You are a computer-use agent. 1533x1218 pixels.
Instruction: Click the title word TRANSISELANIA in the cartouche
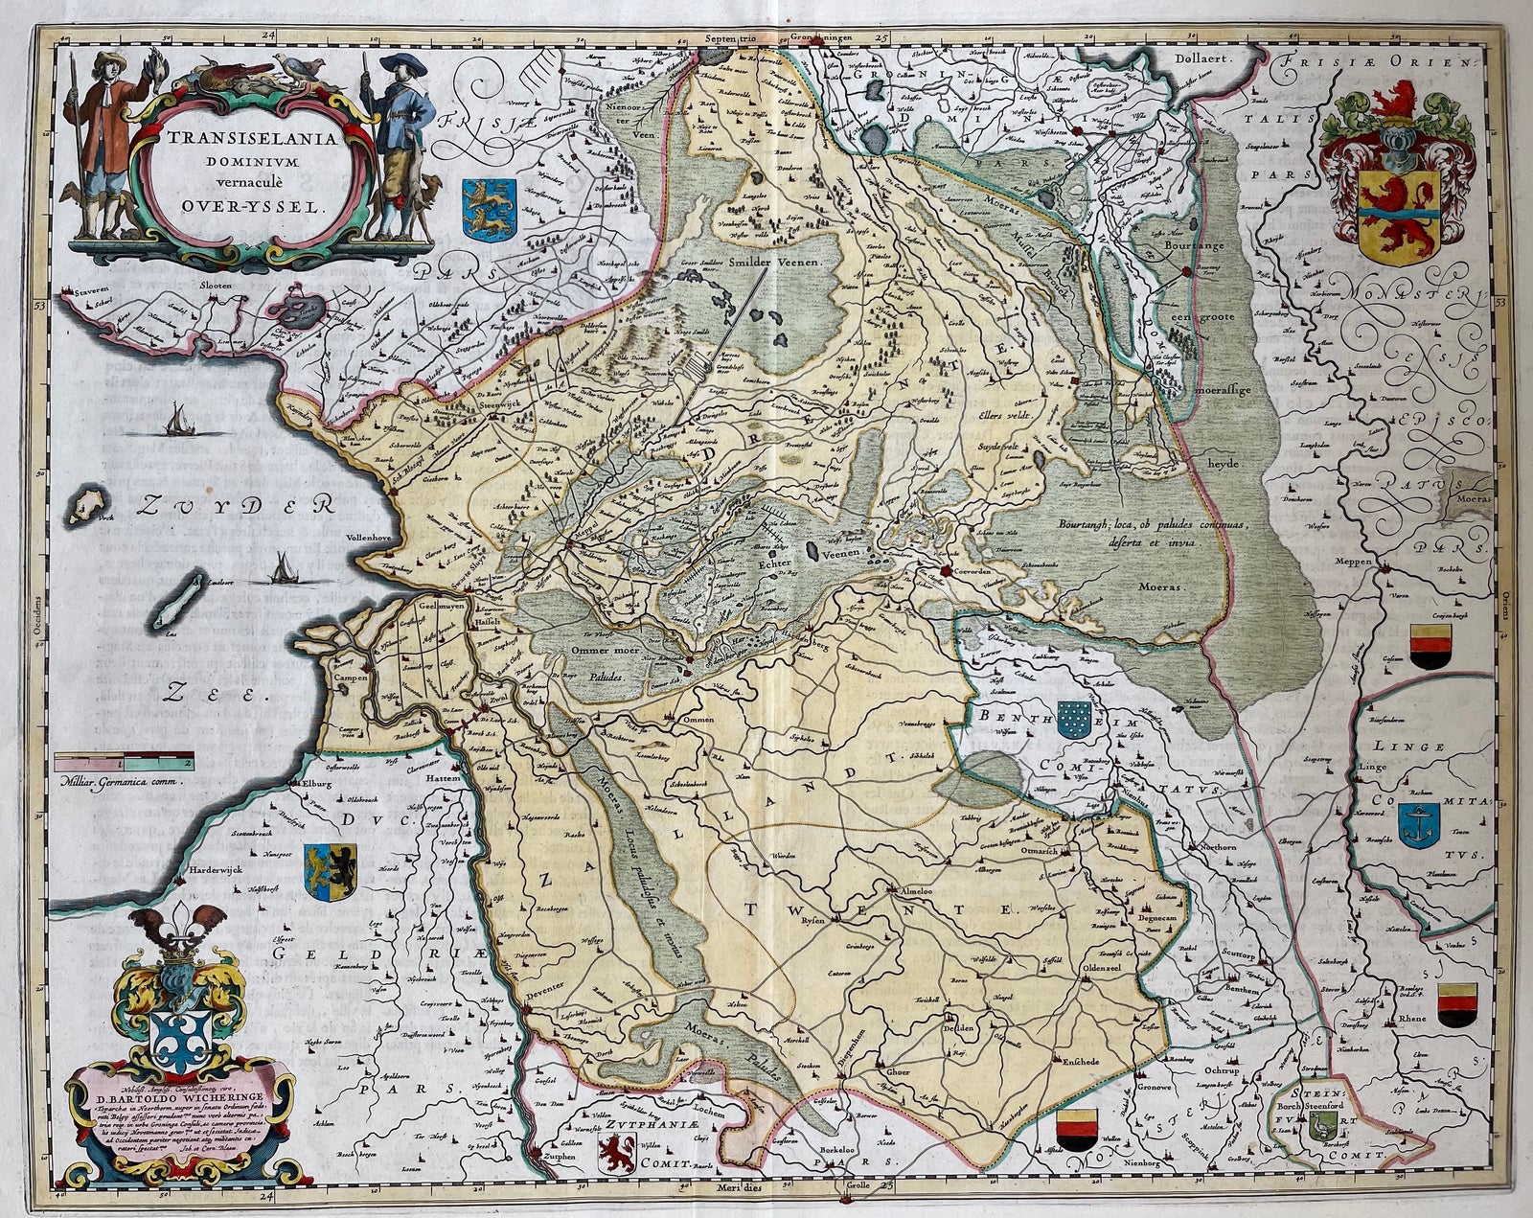click(255, 137)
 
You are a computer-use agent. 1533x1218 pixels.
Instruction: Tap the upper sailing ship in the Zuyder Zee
click(177, 419)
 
